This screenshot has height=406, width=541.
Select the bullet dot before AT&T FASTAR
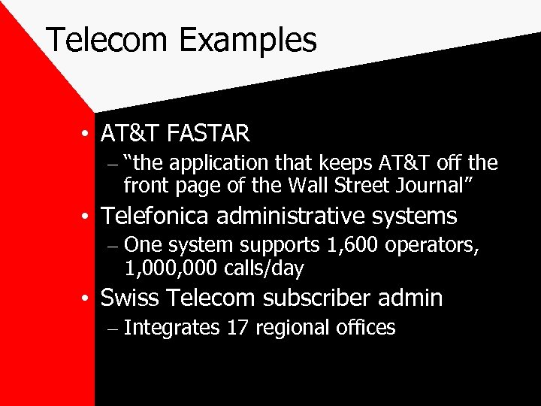[88, 135]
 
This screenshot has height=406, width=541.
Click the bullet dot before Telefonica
[88, 217]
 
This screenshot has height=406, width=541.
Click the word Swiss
[128, 298]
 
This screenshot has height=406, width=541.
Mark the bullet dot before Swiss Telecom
[88, 299]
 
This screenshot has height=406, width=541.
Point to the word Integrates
[172, 328]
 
